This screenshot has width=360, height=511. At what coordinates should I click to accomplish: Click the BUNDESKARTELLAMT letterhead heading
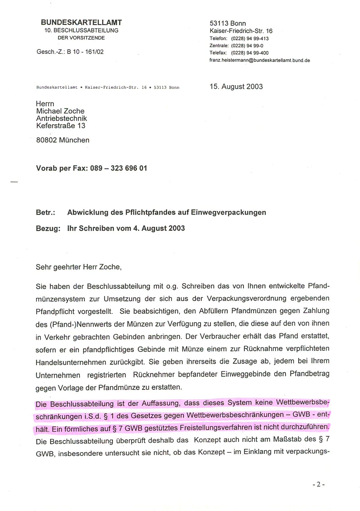coord(81,23)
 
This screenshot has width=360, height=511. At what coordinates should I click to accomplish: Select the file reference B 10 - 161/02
coord(85,52)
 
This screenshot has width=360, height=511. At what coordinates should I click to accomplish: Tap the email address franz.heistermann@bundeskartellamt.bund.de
coord(259,60)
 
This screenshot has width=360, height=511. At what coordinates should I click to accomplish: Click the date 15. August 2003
coord(236,86)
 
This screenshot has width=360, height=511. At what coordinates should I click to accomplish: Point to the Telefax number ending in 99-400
coord(250,53)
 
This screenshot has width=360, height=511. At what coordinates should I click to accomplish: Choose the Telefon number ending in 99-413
coord(250,38)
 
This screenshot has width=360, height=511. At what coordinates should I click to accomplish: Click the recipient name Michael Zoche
coord(60,111)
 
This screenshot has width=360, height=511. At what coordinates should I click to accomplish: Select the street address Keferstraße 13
coord(61,126)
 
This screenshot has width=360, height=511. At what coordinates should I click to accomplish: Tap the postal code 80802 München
coord(63,140)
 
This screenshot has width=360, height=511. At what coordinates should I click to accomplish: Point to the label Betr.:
coord(45,213)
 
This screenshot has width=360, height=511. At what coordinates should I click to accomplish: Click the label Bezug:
coord(48,228)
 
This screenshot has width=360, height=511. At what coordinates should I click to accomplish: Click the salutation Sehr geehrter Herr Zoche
coord(79,267)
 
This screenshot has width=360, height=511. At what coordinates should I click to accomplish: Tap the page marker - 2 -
coord(319,484)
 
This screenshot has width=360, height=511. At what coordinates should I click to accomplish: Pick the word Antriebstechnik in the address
coord(61,119)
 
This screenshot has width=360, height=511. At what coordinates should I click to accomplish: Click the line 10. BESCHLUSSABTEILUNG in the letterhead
coord(81,30)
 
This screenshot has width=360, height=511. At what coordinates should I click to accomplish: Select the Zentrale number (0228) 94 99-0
coord(247,46)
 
